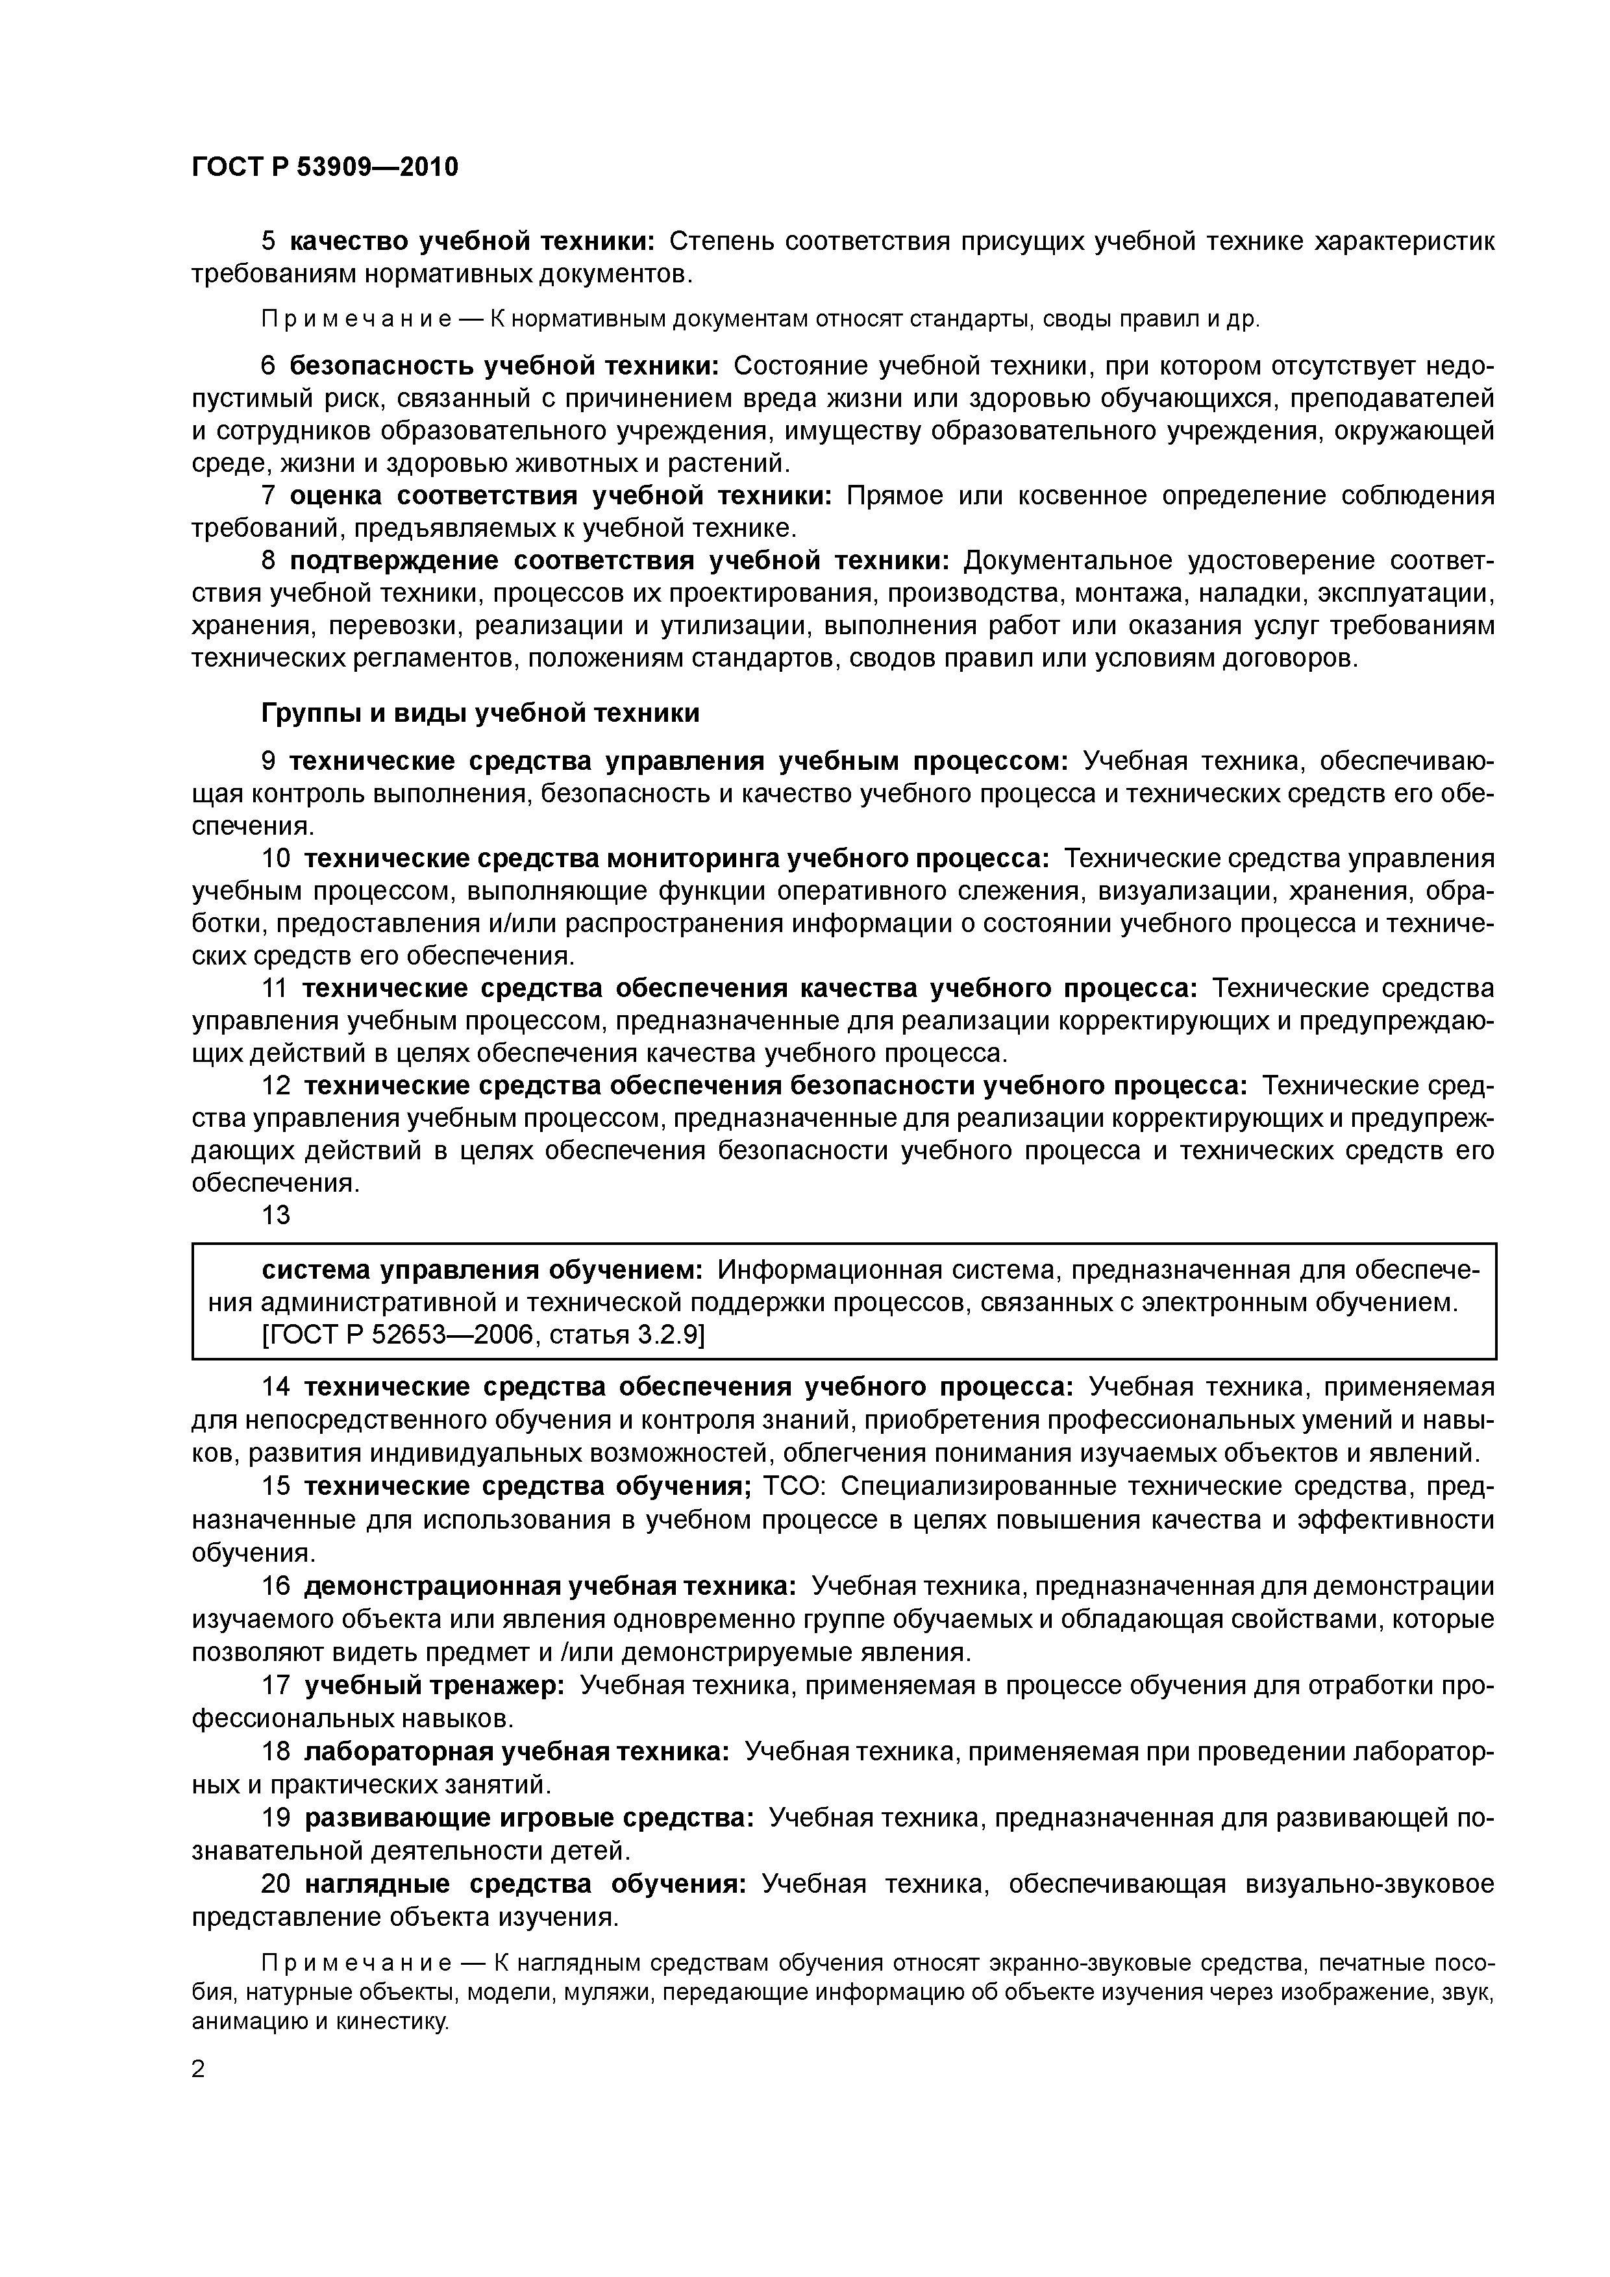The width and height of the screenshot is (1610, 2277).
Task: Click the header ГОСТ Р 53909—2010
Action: pos(325,167)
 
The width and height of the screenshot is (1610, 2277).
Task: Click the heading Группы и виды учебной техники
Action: pos(480,713)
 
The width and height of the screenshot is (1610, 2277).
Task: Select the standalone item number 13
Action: pos(276,1215)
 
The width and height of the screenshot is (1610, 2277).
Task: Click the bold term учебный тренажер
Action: pos(434,1685)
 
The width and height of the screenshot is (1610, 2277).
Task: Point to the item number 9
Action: pos(269,761)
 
